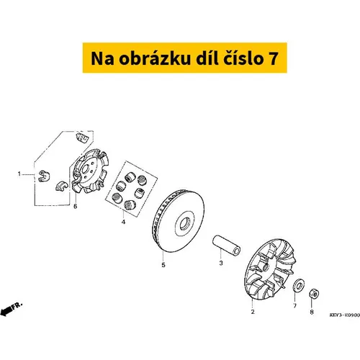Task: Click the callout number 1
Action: [19, 174]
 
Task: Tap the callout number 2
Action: [253, 312]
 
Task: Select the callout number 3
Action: [221, 263]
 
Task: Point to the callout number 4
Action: [123, 222]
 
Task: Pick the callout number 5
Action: [163, 265]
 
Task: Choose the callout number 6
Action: [75, 206]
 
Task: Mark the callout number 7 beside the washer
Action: [294, 305]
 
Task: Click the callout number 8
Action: [312, 312]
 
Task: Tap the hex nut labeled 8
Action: [314, 294]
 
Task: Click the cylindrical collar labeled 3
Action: [227, 246]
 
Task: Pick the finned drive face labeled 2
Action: [269, 269]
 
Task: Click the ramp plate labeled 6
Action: [90, 171]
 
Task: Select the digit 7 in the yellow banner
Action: [273, 58]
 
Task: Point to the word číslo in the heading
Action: [243, 58]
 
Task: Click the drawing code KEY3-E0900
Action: [345, 315]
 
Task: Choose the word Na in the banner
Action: [102, 58]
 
